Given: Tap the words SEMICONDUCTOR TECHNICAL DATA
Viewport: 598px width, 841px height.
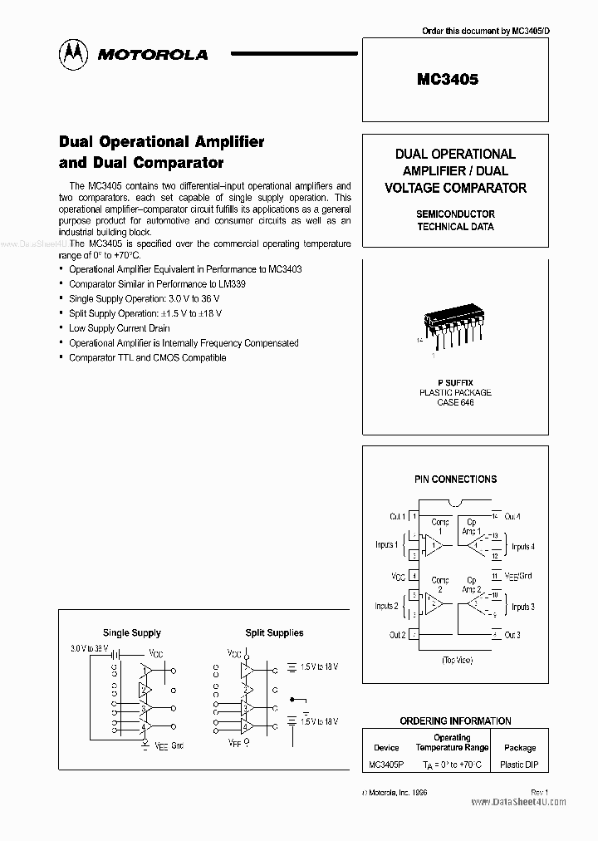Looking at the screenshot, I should click(x=455, y=220).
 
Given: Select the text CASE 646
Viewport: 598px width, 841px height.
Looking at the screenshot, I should click(x=454, y=402).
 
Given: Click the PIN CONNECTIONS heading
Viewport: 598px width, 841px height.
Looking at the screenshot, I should click(x=455, y=480).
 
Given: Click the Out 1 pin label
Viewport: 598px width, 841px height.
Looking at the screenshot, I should click(x=396, y=517).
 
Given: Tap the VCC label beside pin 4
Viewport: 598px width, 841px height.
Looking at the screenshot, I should click(x=398, y=576).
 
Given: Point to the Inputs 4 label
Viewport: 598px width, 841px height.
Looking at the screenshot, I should click(x=522, y=547).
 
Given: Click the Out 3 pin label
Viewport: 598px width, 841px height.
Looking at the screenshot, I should click(x=512, y=635).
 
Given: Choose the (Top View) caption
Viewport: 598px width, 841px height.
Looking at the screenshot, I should click(x=456, y=660).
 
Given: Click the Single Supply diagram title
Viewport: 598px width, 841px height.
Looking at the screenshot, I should click(x=132, y=633).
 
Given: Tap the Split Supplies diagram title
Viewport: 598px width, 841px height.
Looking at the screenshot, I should click(x=274, y=633).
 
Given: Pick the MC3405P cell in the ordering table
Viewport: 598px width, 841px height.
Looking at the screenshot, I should click(x=386, y=764).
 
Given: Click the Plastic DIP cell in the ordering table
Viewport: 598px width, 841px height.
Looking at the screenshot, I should click(x=520, y=764).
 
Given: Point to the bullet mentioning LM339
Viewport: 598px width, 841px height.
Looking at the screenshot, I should click(x=157, y=283).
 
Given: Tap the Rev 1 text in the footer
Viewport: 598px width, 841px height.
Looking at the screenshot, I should click(x=540, y=792).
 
